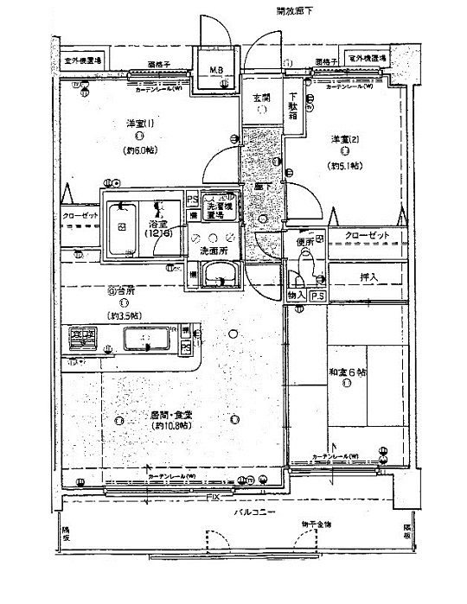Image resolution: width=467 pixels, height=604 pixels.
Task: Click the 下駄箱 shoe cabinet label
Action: [x=294, y=105]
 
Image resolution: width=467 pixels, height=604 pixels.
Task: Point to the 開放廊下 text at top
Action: [x=294, y=11]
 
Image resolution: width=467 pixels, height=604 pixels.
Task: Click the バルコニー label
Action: [x=253, y=512]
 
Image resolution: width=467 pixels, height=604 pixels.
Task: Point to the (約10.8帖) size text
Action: [x=170, y=427]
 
